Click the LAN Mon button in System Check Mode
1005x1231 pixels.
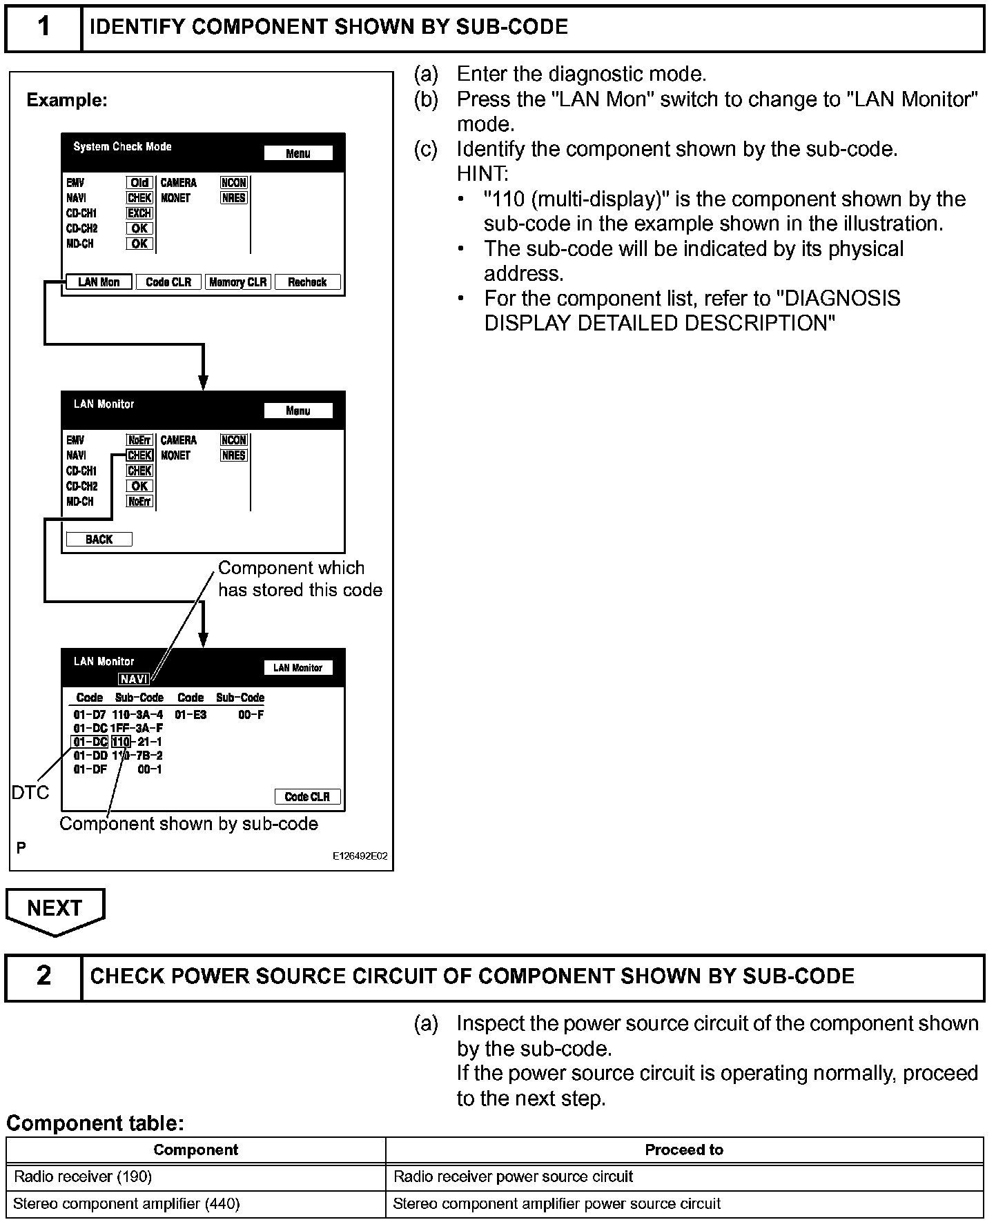99,282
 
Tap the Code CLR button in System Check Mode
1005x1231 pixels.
168,282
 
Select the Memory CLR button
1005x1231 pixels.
237,282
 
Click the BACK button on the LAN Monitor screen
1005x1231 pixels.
99,540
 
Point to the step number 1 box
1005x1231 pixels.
43,28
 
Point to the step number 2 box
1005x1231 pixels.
43,976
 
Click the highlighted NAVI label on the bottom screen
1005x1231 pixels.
133,679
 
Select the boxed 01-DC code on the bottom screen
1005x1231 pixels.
90,742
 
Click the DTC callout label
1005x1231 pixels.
30,793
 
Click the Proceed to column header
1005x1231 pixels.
683,1150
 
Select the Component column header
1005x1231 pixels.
196,1150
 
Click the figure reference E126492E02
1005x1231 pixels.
360,856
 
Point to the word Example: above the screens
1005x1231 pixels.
67,100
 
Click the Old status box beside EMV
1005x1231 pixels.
139,183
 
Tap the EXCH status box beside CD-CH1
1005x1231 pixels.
139,213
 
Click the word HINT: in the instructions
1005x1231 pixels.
482,174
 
